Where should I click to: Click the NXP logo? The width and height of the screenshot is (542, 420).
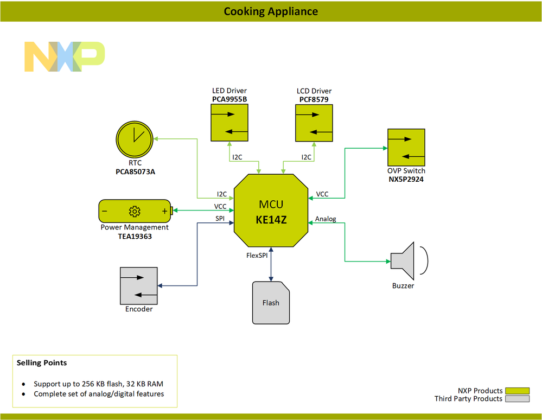65,56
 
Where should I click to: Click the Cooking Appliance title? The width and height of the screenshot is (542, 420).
271,11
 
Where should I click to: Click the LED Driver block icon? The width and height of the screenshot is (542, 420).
229,123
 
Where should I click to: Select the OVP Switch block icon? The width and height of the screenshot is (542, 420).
406,147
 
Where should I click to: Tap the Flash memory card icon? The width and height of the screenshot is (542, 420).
271,303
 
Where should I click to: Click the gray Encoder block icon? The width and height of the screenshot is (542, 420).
138,285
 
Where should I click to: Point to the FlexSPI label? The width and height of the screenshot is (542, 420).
257,256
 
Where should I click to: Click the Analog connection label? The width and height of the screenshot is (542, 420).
326,219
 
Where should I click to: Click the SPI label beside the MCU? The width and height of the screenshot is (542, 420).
220,218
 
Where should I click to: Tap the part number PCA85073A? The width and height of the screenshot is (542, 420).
135,172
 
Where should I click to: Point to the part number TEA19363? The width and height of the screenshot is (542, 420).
135,236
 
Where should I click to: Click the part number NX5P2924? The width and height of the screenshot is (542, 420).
406,179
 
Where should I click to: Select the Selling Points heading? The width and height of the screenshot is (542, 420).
42,362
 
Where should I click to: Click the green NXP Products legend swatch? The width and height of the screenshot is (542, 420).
517,391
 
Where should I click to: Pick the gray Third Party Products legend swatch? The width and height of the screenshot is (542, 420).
517,399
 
